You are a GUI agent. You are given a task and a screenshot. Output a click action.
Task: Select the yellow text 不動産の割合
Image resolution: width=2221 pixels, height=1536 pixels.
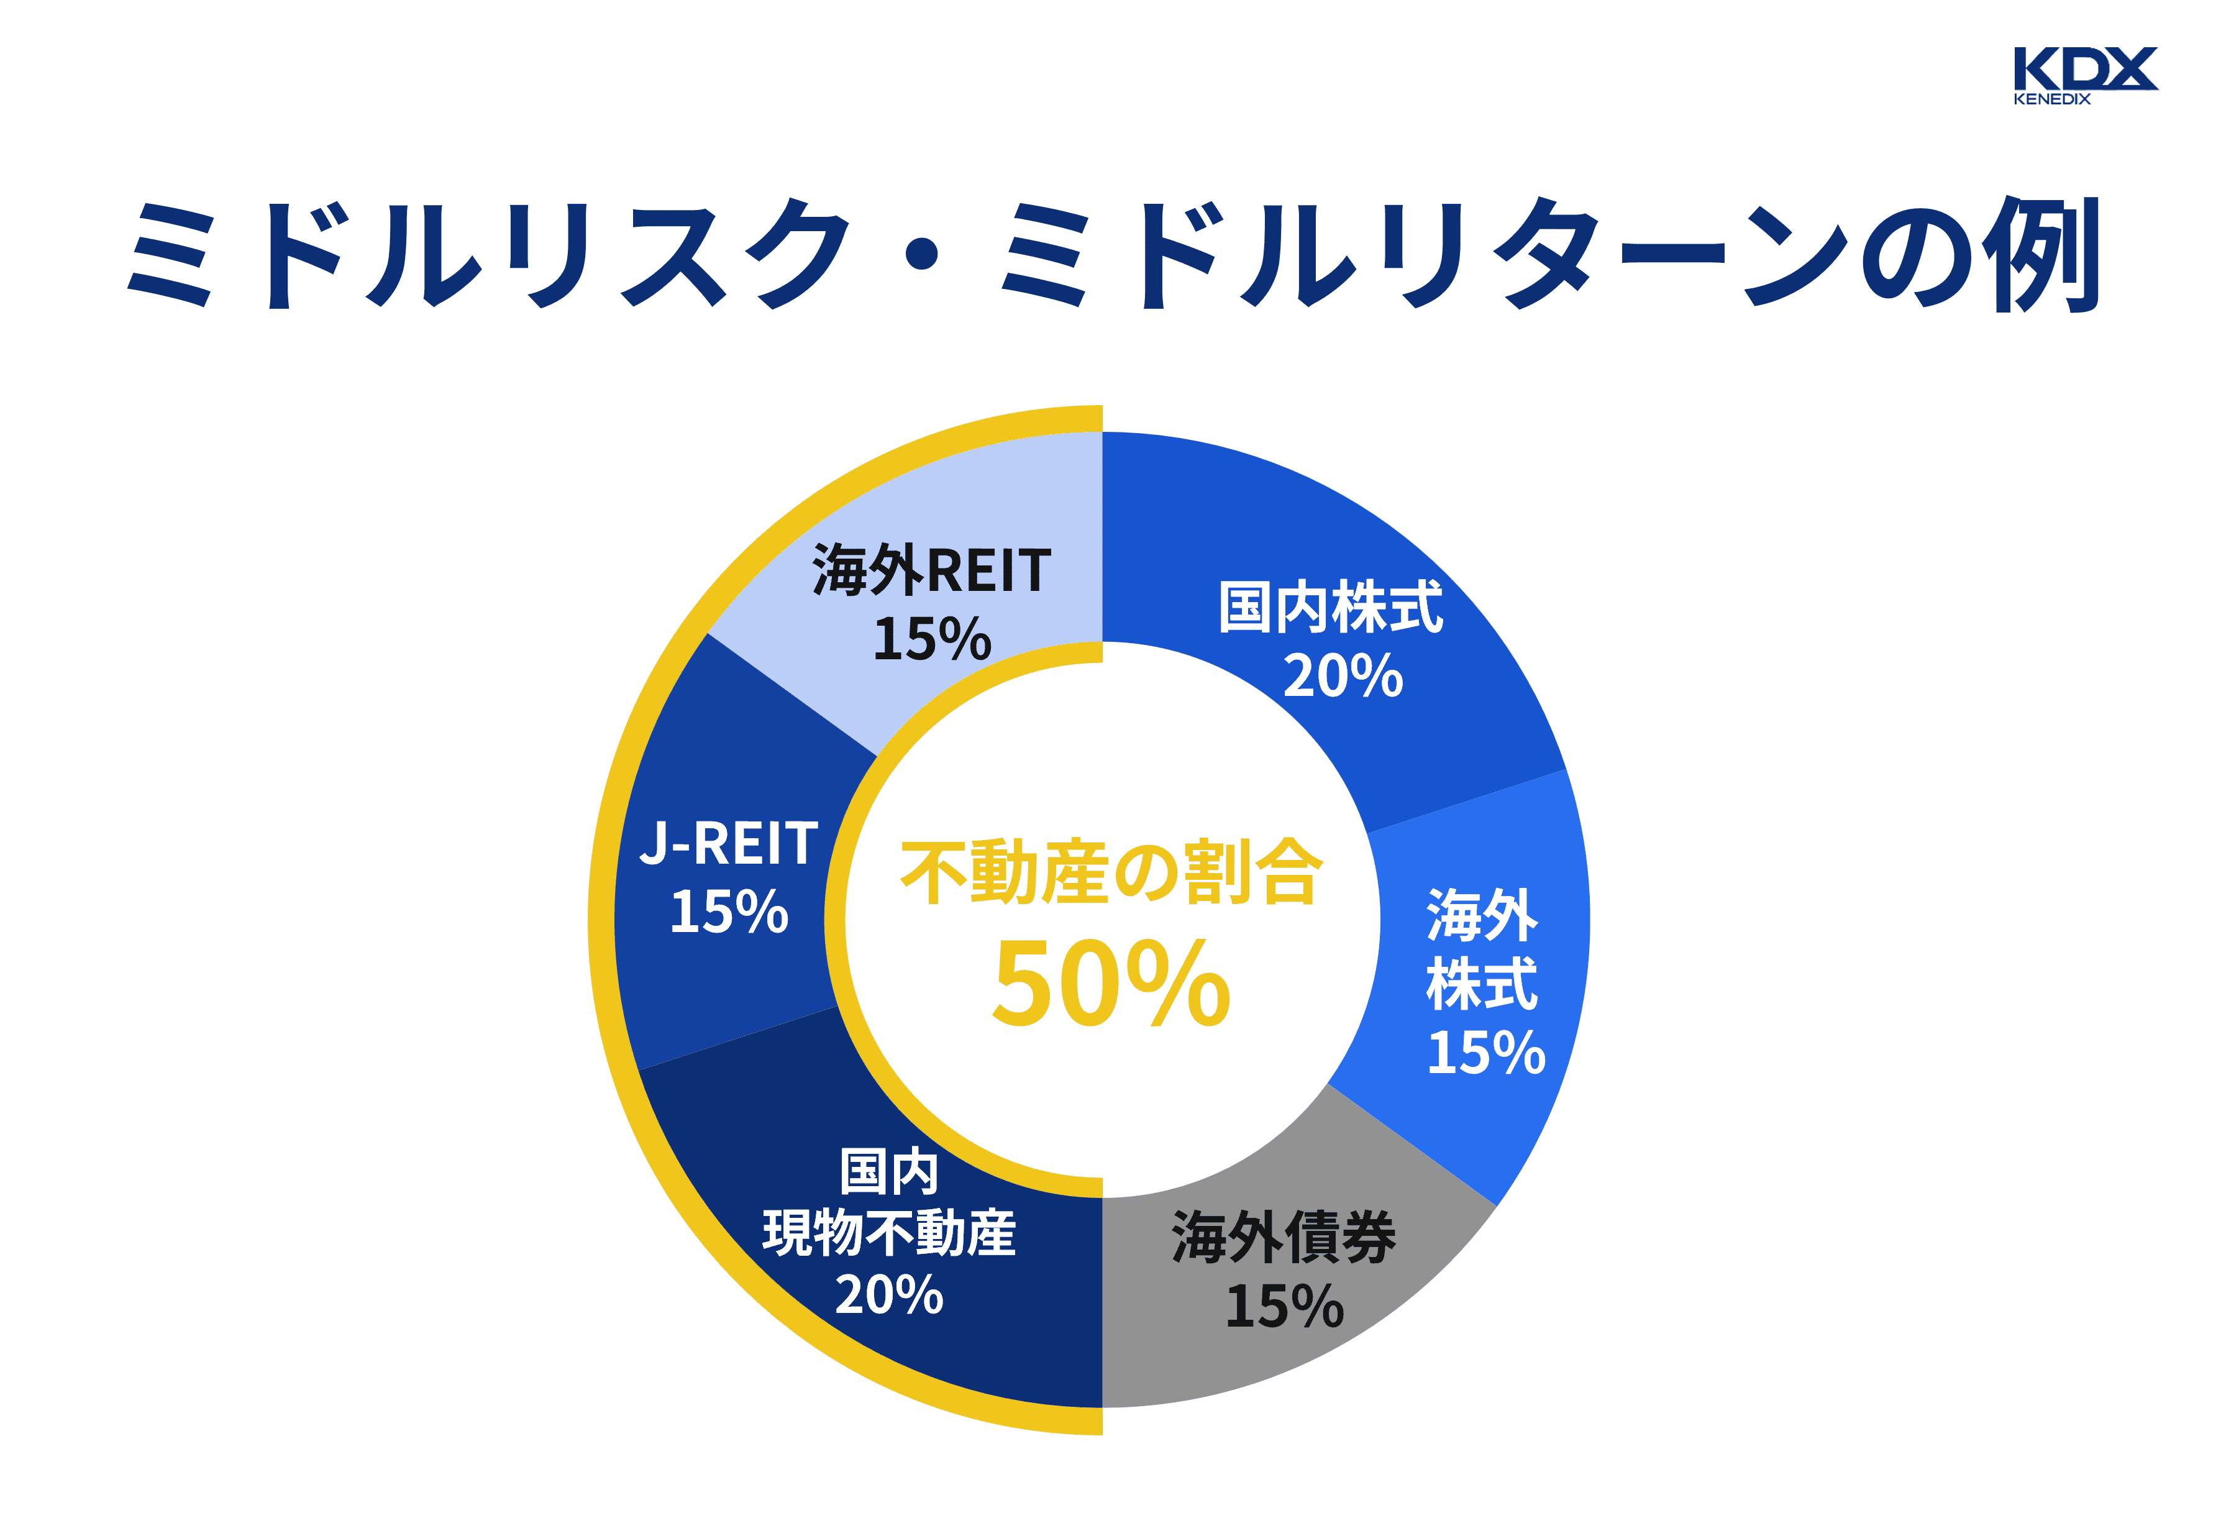1111,872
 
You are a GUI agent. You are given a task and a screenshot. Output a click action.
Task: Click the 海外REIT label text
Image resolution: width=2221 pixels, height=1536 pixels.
931,570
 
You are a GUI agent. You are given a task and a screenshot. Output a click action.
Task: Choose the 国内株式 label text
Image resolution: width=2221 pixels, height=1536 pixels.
1330,608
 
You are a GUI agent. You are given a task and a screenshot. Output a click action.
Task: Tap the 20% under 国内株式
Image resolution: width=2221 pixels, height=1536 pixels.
1343,677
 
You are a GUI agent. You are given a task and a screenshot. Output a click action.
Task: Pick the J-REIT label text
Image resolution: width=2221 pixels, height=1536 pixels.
729,844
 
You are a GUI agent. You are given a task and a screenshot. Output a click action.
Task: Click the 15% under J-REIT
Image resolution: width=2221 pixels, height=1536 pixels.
729,912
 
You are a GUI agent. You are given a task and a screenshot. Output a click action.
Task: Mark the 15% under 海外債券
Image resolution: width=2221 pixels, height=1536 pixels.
1284,1307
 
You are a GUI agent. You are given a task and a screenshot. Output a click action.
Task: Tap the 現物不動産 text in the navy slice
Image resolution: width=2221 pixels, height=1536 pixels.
888,1234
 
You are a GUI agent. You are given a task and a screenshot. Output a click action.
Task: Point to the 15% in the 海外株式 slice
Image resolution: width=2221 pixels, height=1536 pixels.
1485,1053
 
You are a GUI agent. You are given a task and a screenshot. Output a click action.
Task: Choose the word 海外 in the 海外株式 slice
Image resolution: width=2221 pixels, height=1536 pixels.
1482,915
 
